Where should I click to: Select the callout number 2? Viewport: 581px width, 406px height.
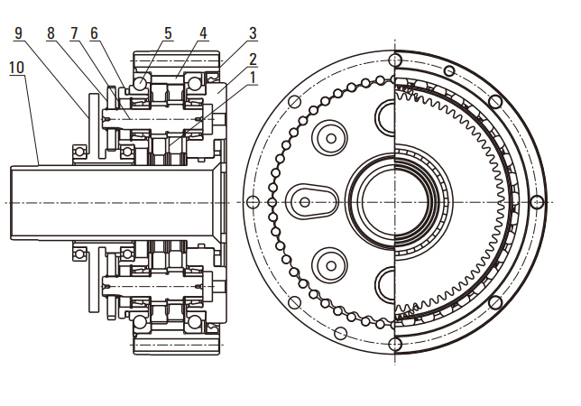(x=254, y=59)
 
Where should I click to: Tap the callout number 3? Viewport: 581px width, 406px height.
(x=254, y=33)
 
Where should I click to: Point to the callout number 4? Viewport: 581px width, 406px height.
(x=204, y=33)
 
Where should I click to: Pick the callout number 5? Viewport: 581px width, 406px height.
(x=168, y=33)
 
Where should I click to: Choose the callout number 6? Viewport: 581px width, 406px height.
(x=94, y=33)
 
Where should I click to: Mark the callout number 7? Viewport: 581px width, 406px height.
(x=74, y=33)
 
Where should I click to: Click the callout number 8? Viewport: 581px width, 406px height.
(x=51, y=33)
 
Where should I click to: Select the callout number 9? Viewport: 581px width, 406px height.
(x=19, y=33)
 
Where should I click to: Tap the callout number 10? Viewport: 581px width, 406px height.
(x=17, y=67)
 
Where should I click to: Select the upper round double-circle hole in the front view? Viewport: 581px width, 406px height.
(x=329, y=137)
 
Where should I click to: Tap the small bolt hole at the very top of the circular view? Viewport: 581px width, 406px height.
(x=394, y=60)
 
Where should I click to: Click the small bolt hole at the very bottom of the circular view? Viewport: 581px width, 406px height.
(x=394, y=342)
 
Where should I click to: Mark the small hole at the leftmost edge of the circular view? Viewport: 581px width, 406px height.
(x=254, y=200)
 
